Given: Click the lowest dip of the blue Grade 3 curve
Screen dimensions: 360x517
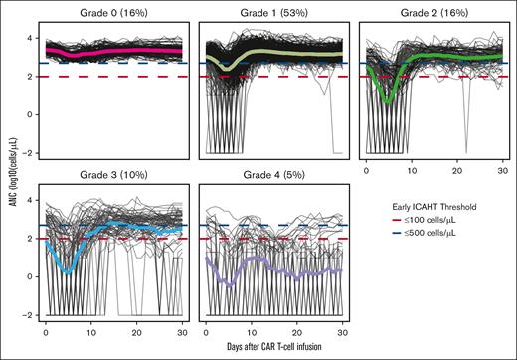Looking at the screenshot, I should tap(67, 271).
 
